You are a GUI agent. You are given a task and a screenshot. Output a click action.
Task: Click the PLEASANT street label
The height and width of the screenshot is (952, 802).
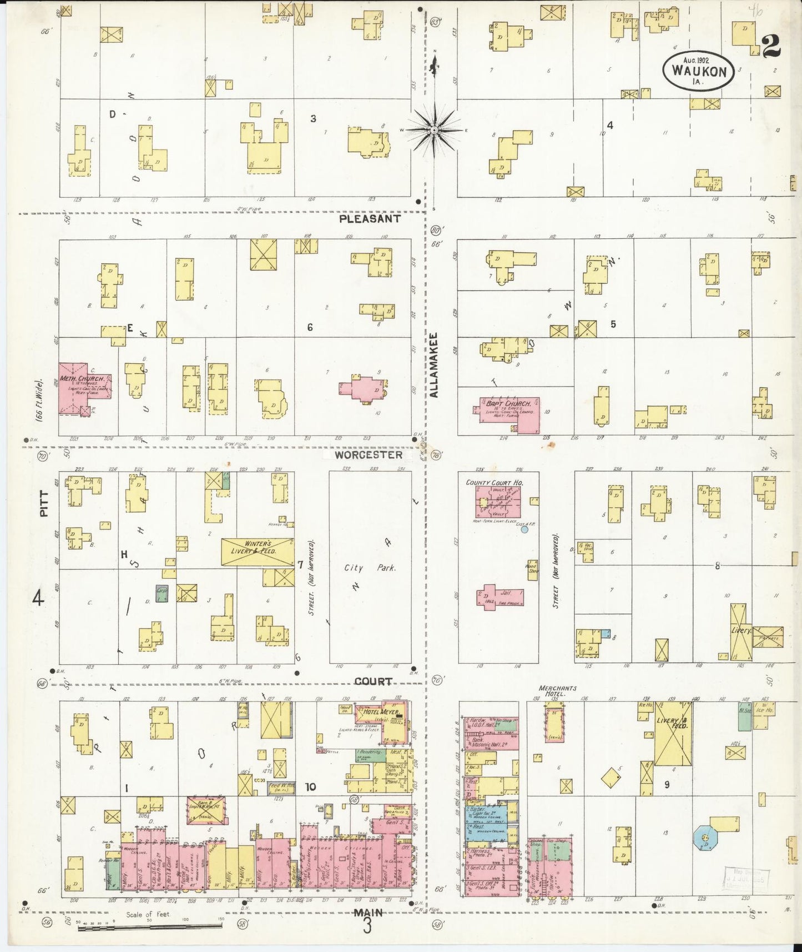tap(370, 219)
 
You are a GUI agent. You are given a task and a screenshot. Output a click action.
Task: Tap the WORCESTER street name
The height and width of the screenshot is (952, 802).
tap(369, 455)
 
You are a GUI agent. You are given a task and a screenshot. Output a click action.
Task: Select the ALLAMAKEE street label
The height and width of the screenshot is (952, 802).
tap(434, 365)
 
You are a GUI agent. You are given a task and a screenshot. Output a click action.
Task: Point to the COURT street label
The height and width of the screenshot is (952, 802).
tap(373, 682)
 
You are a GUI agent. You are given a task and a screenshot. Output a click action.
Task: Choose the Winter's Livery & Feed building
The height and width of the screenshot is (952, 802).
tap(257, 552)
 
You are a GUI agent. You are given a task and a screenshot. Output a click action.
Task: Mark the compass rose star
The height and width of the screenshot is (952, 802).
tap(435, 130)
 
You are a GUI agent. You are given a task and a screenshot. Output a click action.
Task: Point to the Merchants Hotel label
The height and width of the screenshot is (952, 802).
tap(552, 691)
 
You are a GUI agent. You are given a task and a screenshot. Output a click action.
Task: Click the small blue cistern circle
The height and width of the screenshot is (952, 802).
tap(524, 530)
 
